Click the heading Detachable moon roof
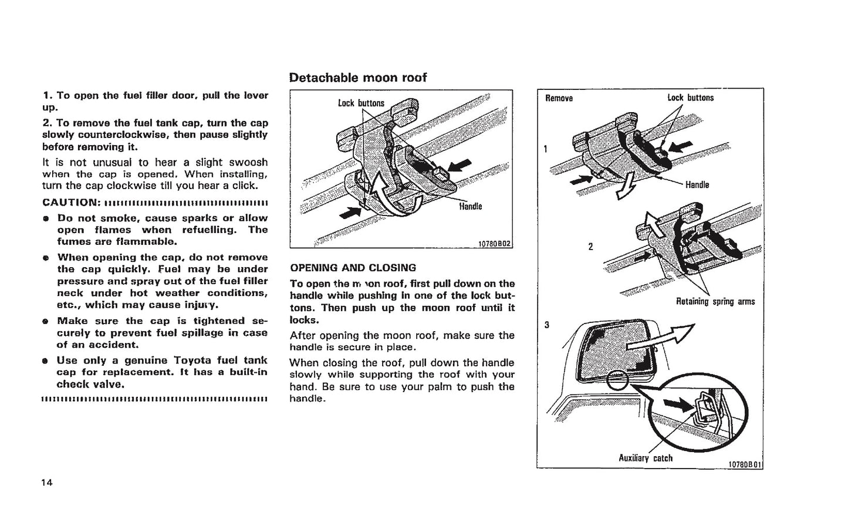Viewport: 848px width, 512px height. (x=357, y=78)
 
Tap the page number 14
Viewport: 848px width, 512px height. (x=47, y=483)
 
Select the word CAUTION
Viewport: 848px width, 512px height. (x=70, y=203)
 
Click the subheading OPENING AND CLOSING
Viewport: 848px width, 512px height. (x=353, y=268)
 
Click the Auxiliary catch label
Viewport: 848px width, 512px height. (x=646, y=458)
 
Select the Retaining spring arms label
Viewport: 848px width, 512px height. (x=715, y=302)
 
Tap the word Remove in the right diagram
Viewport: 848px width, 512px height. (x=559, y=98)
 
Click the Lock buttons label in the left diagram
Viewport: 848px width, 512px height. (x=361, y=103)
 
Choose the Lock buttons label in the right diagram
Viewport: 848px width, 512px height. (x=690, y=97)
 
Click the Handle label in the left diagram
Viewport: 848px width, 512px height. (x=470, y=206)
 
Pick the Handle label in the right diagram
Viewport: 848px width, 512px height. (x=697, y=185)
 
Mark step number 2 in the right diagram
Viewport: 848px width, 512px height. (x=590, y=247)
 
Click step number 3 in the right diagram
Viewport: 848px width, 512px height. (x=546, y=325)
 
